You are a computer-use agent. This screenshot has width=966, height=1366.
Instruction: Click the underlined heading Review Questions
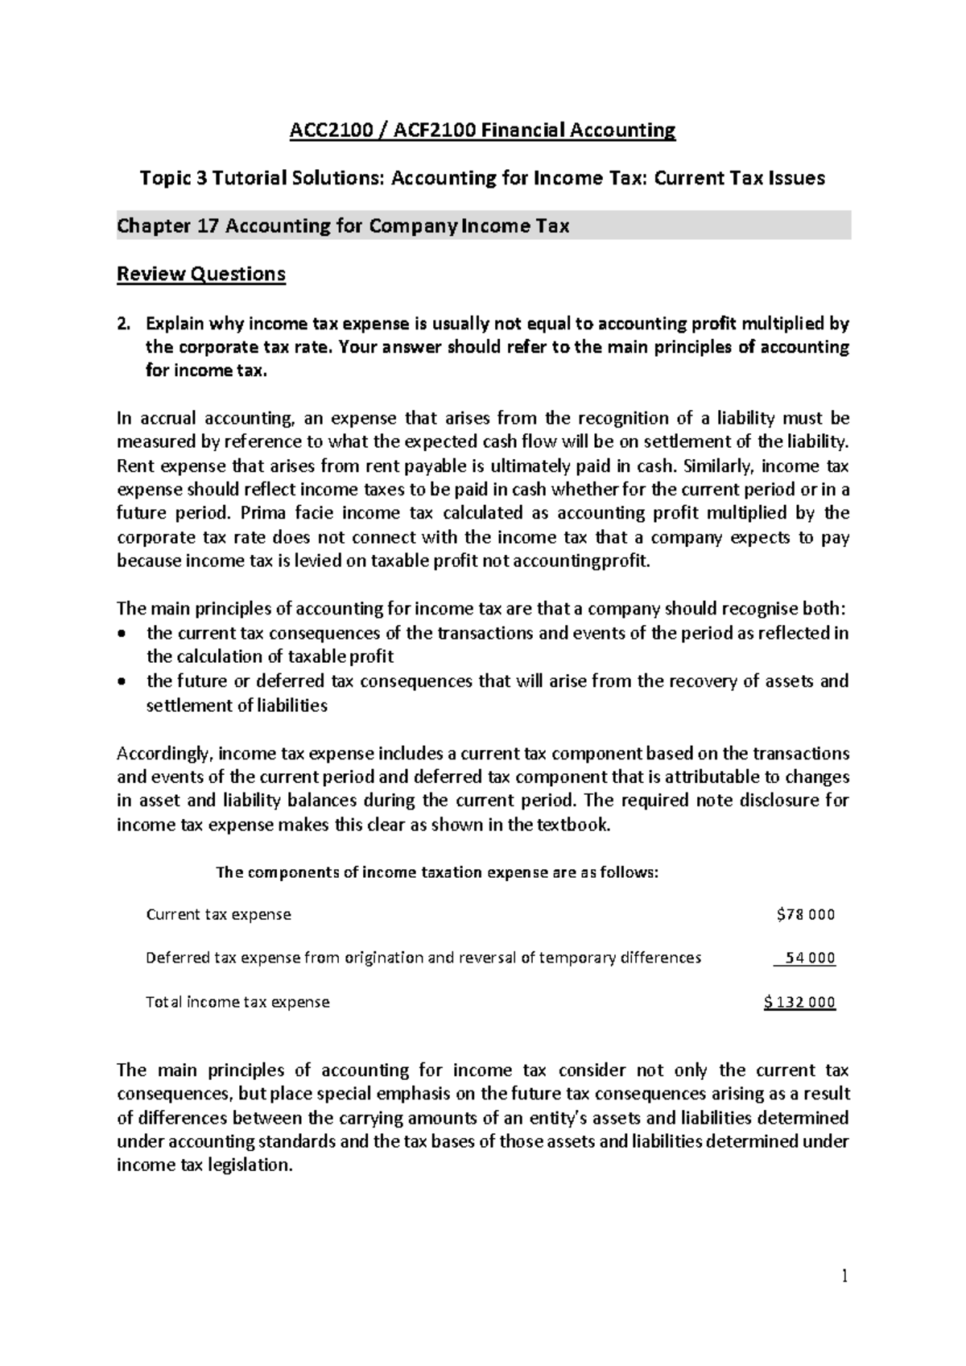pyautogui.click(x=201, y=275)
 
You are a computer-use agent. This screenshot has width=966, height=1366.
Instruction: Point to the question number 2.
pyautogui.click(x=122, y=325)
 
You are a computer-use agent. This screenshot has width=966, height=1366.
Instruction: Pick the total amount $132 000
pyautogui.click(x=800, y=1003)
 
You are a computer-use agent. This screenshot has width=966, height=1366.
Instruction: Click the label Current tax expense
pyautogui.click(x=218, y=915)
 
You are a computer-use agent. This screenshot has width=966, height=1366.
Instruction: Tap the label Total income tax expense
pyautogui.click(x=237, y=1003)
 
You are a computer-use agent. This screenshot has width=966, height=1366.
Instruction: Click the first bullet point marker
pyautogui.click(x=122, y=634)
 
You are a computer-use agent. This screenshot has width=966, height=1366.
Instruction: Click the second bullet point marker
pyautogui.click(x=122, y=682)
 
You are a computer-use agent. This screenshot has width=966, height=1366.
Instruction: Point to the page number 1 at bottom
pyautogui.click(x=845, y=1276)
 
